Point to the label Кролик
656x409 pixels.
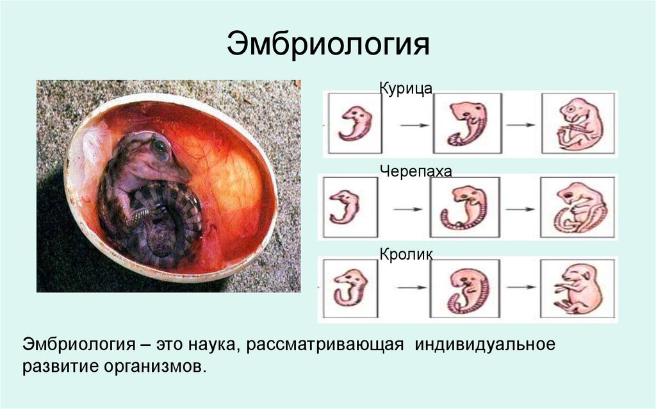[406, 255]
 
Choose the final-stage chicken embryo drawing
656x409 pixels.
[578, 123]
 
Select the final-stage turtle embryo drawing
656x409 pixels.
[578, 206]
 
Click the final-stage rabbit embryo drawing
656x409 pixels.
[578, 288]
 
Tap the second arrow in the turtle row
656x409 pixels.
[521, 208]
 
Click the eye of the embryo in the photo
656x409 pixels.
[160, 149]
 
